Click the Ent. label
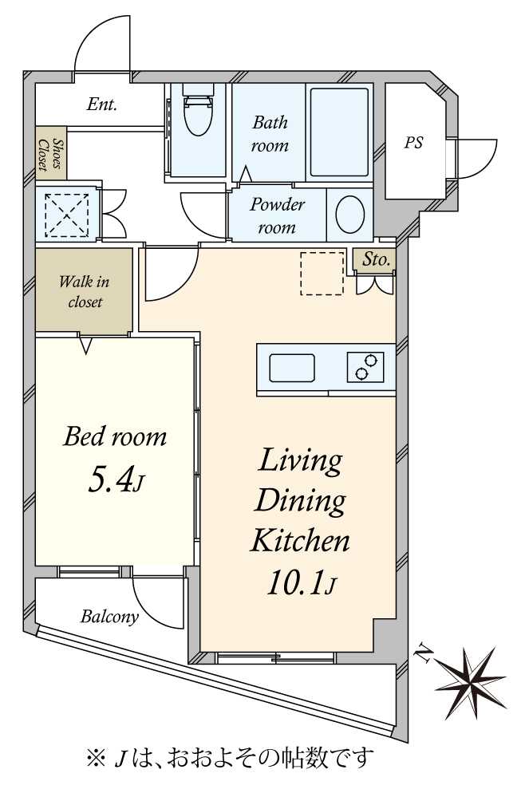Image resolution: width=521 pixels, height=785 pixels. coord(101,105)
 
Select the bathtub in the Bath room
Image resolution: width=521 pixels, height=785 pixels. coord(339,132)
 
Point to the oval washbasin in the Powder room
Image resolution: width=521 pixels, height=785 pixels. coord(349,215)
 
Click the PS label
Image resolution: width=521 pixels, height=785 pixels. coord(413,143)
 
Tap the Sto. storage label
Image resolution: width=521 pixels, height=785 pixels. coord(376,259)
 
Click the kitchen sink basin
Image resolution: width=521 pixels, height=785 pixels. coord(292,368)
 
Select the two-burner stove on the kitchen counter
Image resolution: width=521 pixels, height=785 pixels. coord(365,367)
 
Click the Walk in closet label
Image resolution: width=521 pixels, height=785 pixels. coord(84,291)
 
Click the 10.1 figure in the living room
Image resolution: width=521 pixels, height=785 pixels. coord(294,582)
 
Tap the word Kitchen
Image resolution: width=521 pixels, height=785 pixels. coord(299,540)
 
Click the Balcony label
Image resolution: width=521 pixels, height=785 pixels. coord(109,617)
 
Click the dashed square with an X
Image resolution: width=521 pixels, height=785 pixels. coord(66,215)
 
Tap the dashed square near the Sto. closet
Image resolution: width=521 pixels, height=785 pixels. coord(322,274)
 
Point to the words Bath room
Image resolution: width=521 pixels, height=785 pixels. coord(270,134)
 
